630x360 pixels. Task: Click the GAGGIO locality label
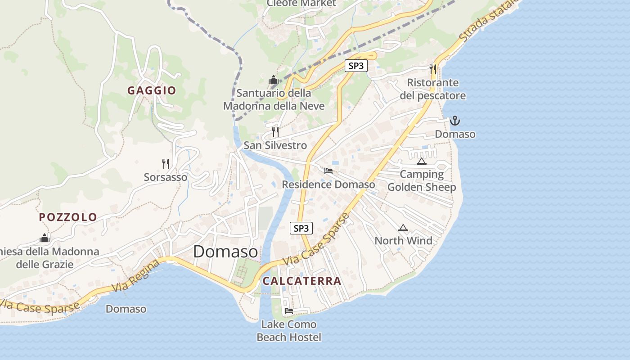click(x=152, y=90)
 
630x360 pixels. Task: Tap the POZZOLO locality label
click(x=68, y=217)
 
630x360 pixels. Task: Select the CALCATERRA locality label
click(x=302, y=281)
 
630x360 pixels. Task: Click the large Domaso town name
click(x=225, y=252)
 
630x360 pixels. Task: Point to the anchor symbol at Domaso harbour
click(x=455, y=121)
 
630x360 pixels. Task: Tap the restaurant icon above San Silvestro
click(x=275, y=131)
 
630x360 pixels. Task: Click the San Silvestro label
click(x=275, y=145)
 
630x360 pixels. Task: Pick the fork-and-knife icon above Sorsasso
click(x=166, y=163)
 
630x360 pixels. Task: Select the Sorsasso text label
click(x=166, y=177)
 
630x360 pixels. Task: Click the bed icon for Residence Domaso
click(x=328, y=171)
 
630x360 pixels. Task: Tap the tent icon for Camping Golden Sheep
click(x=421, y=161)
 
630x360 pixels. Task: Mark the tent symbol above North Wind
click(x=403, y=228)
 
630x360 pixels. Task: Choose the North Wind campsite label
click(x=403, y=241)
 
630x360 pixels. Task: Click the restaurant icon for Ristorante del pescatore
click(x=433, y=69)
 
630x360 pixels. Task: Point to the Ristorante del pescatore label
click(x=432, y=89)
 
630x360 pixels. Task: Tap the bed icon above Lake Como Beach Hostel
click(x=289, y=310)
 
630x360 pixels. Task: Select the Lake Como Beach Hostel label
click(x=289, y=331)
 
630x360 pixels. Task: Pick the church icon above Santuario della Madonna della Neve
click(x=274, y=80)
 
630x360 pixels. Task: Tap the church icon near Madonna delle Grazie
click(x=45, y=238)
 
